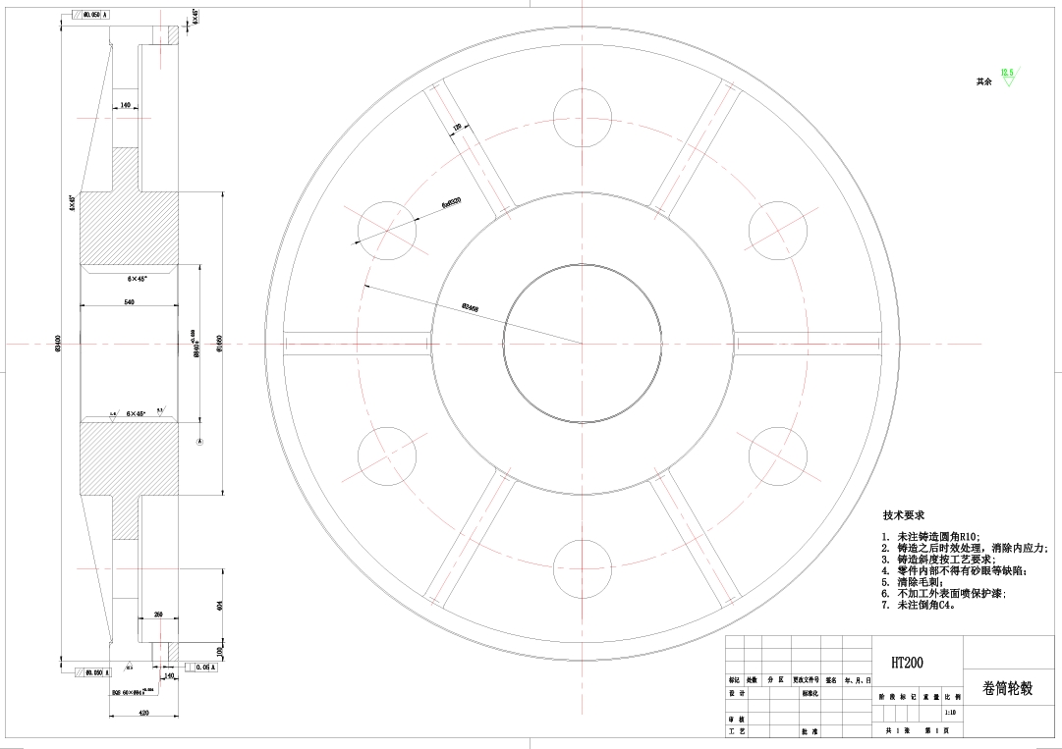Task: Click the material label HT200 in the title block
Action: pos(907,663)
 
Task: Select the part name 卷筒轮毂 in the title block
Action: pos(1007,688)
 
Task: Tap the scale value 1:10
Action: pos(949,713)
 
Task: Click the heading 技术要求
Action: pos(903,514)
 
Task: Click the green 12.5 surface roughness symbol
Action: pos(1007,76)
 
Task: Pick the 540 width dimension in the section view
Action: pos(129,302)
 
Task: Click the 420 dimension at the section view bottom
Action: pos(143,713)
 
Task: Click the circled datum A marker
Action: pos(199,442)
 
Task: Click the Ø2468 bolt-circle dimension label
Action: pos(470,306)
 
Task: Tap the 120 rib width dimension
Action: pos(457,128)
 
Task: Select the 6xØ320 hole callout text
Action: pos(452,202)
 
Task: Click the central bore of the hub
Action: pos(582,344)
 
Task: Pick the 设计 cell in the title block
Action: pos(733,693)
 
